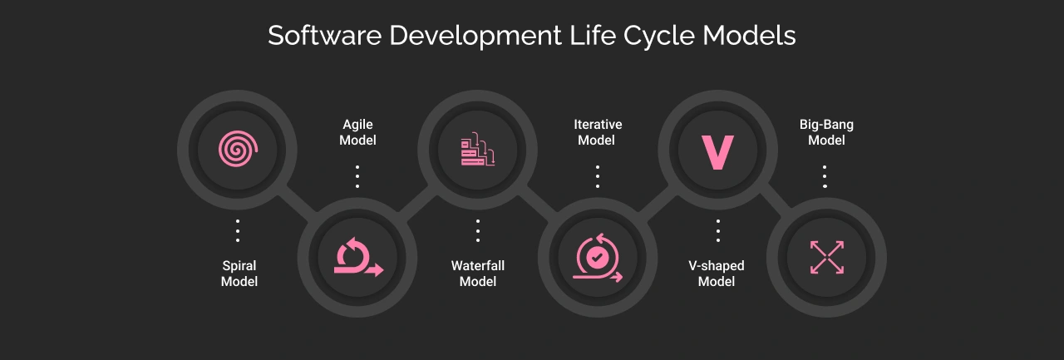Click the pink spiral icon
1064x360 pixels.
(x=238, y=150)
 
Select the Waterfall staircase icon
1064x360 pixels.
(x=477, y=150)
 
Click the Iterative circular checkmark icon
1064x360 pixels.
(x=597, y=257)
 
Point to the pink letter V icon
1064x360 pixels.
(x=717, y=150)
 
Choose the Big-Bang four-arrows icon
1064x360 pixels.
(x=826, y=257)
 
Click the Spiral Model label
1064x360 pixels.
(x=239, y=274)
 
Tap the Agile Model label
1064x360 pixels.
(x=357, y=132)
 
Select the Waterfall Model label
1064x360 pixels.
(x=478, y=274)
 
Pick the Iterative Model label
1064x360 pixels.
(x=598, y=132)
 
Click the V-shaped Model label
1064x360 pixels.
(x=717, y=274)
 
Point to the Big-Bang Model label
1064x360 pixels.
(x=826, y=132)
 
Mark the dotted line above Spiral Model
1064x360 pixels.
(x=238, y=230)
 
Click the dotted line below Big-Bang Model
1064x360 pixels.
(x=825, y=176)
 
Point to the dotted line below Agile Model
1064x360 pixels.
(x=357, y=176)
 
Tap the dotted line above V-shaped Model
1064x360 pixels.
(x=717, y=230)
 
